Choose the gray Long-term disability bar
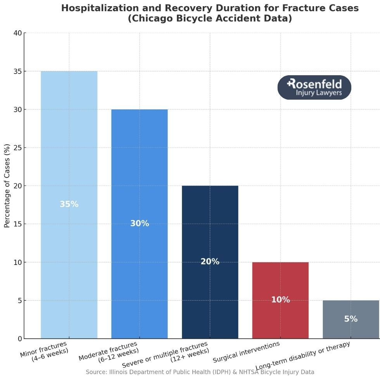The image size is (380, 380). pos(351,330)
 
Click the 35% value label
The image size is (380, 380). pos(69,204)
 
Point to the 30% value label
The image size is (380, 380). pos(140,223)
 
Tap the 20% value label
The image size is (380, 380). pos(210,261)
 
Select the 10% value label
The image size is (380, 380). pos(280,300)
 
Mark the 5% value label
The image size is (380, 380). pos(351,319)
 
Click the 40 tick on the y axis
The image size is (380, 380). pos(17,33)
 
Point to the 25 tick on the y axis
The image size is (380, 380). pos(17,148)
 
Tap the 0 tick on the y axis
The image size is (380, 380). pos(19,339)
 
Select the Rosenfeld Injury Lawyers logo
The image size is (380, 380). pos(314,87)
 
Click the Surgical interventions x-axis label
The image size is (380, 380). pos(247,352)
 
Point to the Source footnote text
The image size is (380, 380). pos(200,372)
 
